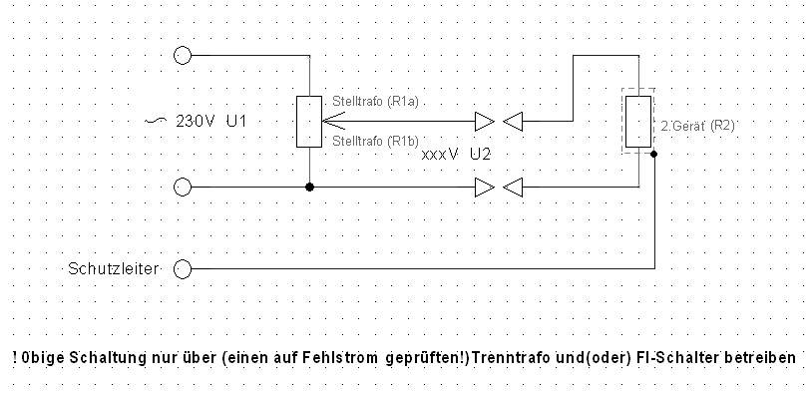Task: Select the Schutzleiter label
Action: pos(113,269)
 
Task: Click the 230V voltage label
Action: pos(196,121)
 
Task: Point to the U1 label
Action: pos(236,121)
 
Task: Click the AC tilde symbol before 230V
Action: pos(156,121)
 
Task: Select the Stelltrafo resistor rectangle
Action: pos(309,122)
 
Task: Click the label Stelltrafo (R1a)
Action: pos(375,102)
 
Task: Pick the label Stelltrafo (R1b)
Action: pos(375,141)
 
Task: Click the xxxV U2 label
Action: pos(456,155)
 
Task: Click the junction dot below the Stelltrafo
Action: pos(309,187)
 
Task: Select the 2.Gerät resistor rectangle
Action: pos(638,122)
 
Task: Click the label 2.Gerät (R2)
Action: pos(697,126)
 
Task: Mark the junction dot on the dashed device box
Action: pos(654,154)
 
